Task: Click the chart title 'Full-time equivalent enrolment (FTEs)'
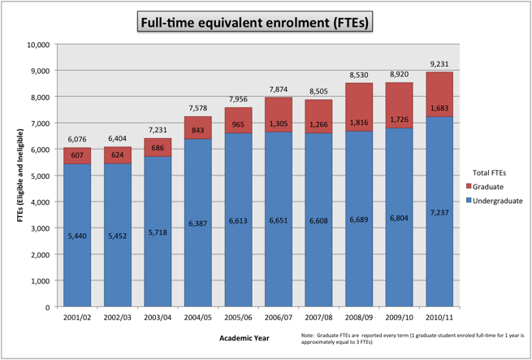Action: click(255, 22)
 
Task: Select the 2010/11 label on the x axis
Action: click(439, 319)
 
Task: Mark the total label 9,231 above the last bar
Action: click(439, 63)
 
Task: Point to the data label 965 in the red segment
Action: click(239, 124)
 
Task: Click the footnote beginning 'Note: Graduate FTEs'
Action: click(413, 340)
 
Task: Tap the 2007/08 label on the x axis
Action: click(318, 319)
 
